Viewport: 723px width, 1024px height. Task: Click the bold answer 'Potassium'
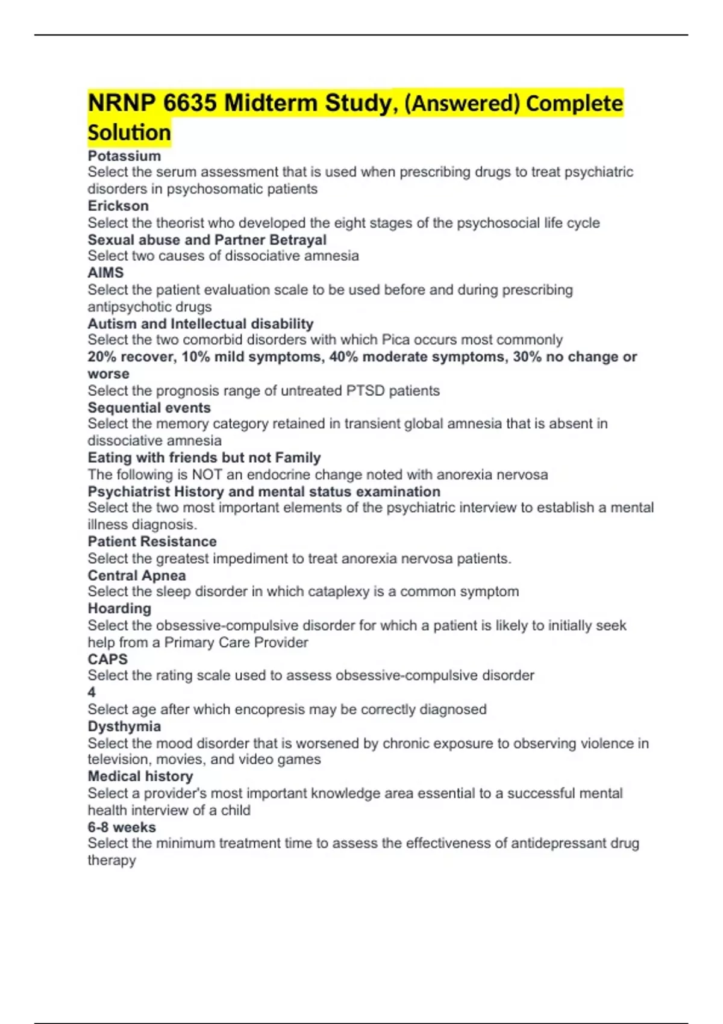124,156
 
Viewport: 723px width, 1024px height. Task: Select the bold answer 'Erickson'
118,206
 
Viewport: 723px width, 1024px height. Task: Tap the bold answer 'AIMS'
105,273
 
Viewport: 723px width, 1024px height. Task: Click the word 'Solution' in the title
129,133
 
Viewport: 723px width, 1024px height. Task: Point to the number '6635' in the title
190,103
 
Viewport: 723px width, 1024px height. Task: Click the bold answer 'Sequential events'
149,408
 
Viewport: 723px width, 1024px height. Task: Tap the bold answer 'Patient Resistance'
152,542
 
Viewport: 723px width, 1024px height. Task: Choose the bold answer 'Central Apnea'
137,576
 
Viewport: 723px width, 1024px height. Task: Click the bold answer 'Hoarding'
119,608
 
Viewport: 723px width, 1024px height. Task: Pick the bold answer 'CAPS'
108,659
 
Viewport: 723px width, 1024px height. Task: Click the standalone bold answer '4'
92,693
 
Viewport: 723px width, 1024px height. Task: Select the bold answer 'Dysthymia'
124,726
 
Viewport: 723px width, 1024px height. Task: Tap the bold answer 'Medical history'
140,776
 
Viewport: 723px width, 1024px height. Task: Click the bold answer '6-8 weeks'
122,828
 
